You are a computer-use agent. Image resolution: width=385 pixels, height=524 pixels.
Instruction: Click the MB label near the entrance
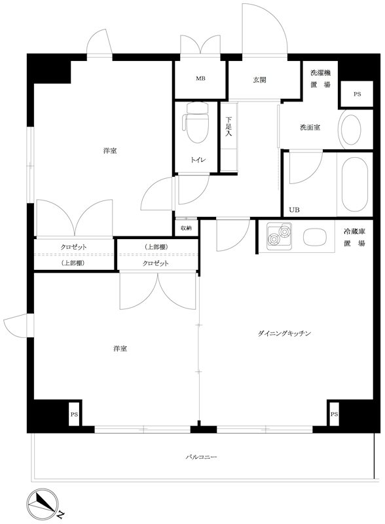coord(200,80)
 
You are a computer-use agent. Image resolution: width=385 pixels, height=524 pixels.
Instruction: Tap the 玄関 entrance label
coord(260,80)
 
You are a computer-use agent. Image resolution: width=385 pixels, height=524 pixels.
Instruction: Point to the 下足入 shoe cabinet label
coord(229,126)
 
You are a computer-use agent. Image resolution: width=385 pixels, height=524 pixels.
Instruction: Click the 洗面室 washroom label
coord(310,127)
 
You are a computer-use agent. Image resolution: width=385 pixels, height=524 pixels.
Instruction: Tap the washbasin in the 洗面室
coord(352,130)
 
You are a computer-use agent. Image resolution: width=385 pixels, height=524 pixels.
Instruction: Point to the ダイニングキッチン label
coord(284,334)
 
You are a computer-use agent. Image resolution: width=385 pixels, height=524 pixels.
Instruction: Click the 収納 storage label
coord(187,228)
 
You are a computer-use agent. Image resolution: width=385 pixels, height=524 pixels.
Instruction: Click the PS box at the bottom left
coord(75,415)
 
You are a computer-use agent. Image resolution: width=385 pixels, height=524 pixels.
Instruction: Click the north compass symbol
coord(44,503)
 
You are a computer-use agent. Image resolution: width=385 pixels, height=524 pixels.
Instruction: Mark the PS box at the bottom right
coord(334,415)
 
